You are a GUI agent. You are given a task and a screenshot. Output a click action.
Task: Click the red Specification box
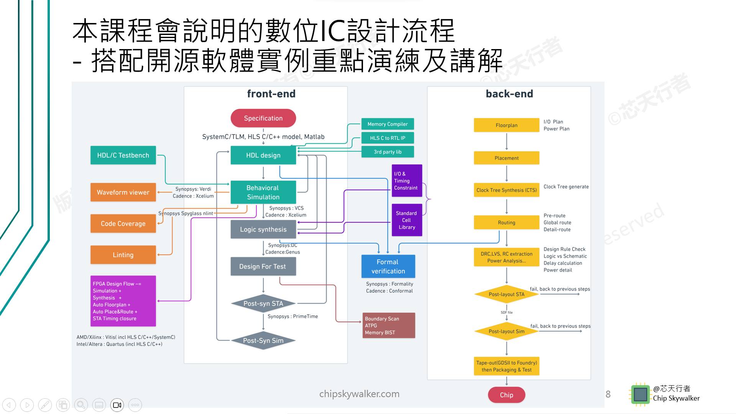tap(263, 118)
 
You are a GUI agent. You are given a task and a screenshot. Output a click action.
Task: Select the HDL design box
tap(263, 155)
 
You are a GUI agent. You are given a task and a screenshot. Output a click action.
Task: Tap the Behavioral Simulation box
tap(263, 192)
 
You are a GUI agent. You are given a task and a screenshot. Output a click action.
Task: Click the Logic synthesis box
tap(263, 229)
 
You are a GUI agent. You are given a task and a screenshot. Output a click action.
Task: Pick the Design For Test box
tap(263, 266)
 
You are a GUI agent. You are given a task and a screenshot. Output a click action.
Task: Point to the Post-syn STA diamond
tap(263, 304)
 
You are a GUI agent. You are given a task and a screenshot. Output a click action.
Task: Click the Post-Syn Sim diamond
tap(263, 340)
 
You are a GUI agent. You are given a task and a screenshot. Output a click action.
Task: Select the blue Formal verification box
tap(388, 266)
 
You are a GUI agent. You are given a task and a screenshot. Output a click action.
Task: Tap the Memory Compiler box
tap(388, 124)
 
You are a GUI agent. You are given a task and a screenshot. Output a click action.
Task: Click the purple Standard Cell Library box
tap(407, 220)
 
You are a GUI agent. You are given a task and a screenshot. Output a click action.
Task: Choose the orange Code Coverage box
tap(123, 223)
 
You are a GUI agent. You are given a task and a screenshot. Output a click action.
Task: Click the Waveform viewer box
tap(123, 192)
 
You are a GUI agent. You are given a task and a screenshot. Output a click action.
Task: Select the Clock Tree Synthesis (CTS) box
tap(506, 190)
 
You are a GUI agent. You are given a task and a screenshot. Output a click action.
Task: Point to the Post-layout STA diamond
tap(506, 294)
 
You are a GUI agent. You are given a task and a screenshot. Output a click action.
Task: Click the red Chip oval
tap(506, 395)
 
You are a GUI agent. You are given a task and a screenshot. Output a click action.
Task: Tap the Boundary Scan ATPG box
tap(389, 325)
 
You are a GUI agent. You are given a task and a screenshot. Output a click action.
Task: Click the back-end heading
tap(509, 94)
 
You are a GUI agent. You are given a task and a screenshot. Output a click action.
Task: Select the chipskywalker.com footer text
tap(359, 394)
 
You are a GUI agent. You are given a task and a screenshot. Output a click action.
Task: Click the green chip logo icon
tap(640, 394)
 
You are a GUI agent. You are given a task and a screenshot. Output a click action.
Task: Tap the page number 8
tap(608, 394)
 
